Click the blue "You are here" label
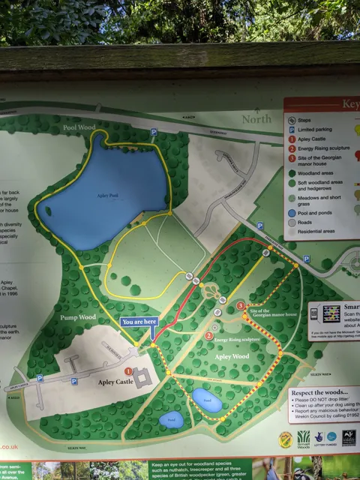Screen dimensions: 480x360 point(139,322)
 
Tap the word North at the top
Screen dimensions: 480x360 point(256,118)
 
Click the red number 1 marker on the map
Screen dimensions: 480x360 point(128,370)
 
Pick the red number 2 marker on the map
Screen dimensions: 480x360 point(208,335)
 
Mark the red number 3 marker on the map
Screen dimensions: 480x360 point(240,306)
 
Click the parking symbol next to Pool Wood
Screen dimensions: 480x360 point(154,132)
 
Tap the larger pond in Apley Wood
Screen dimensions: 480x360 point(207,400)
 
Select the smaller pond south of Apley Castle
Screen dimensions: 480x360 point(170,420)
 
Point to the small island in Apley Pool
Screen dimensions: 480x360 point(49,211)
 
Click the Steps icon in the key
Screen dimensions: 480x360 point(292,119)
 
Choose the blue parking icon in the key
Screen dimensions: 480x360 point(292,129)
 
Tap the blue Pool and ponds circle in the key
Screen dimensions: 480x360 point(291,212)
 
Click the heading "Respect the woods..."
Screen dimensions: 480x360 point(322,392)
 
